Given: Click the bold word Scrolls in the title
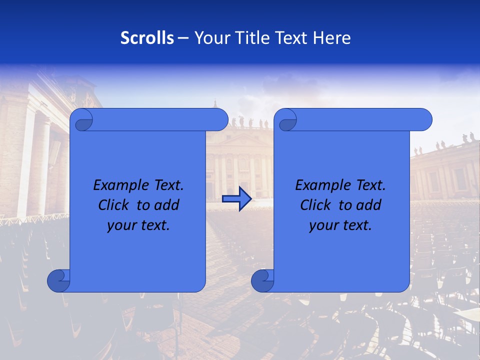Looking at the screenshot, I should point(147,38).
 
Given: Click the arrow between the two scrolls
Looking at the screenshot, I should point(236,199).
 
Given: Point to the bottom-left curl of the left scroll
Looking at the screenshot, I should point(58,280).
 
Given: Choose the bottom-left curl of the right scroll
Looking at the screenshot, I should point(262,280).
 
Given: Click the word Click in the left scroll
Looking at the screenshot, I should point(113,205).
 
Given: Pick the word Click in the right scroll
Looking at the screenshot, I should point(315,205).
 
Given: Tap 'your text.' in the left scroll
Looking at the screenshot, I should point(138,225).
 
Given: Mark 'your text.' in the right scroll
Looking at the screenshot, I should point(340,225).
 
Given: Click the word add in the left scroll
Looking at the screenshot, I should point(167,205).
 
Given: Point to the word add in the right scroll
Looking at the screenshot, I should point(369,205).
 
